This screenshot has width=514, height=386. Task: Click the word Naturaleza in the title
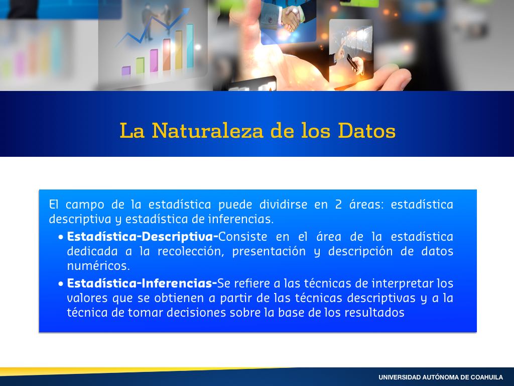coord(208,131)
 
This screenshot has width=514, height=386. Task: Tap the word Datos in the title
coord(366,131)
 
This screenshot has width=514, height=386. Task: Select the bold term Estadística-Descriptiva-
coord(143,237)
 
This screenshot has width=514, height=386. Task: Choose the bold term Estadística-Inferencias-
coord(142,283)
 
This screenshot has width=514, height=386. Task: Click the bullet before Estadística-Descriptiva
coord(61,237)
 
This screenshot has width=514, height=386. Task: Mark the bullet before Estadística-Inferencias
coord(61,283)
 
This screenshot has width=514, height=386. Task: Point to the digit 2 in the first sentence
coord(338,205)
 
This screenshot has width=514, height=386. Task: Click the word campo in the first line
coord(85,205)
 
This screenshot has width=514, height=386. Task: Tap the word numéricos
coord(98,265)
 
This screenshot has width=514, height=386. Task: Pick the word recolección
coord(191,251)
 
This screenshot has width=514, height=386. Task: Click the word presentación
coord(269,252)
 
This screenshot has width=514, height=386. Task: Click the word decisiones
coord(196,313)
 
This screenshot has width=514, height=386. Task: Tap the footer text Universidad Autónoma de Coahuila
coord(441,377)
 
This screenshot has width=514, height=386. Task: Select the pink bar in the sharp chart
coord(154,60)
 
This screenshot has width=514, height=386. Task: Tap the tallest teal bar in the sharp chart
coord(190,46)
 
